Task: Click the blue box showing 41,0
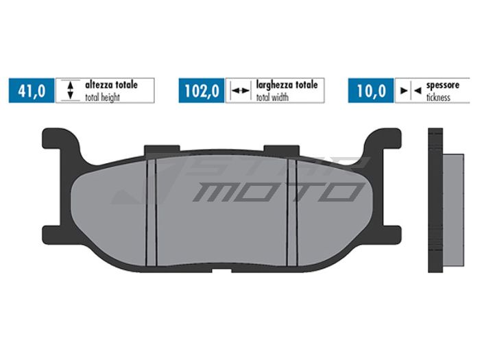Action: [31, 91]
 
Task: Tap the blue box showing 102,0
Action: [201, 91]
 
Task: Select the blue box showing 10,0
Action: [371, 91]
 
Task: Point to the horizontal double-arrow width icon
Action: [239, 91]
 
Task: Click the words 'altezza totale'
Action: [111, 85]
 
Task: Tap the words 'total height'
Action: [103, 97]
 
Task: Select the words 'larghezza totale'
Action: [286, 85]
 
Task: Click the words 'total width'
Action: [273, 97]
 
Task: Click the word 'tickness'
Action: [438, 97]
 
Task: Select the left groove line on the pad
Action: [153, 211]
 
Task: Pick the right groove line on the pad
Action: [293, 211]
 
